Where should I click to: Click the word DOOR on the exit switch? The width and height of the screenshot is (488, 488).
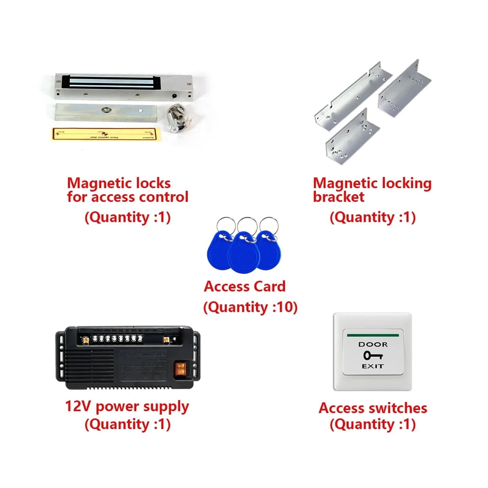tap(373, 344)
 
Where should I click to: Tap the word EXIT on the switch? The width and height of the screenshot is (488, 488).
tap(373, 366)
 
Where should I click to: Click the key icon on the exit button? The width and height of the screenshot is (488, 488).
tap(372, 355)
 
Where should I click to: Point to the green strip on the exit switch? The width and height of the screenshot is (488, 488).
tap(373, 335)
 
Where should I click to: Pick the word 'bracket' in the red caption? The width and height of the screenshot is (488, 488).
tap(339, 197)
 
